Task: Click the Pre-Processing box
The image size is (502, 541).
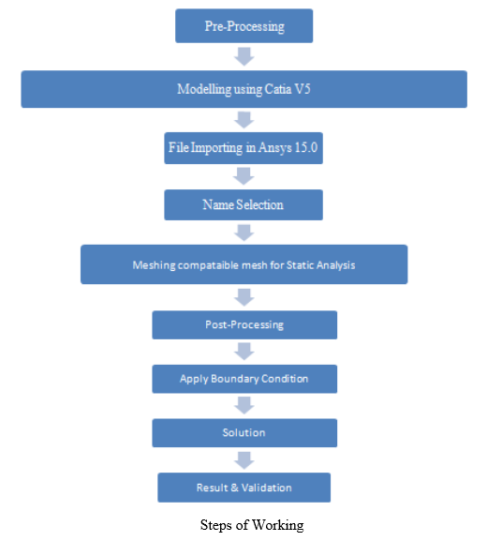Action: [244, 26]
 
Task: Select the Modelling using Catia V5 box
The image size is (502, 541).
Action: [244, 89]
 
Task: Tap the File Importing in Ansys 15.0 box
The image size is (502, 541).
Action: [244, 148]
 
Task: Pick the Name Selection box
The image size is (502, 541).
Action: [244, 204]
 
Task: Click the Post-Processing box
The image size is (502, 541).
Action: [244, 324]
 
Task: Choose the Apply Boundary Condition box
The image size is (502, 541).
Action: [244, 379]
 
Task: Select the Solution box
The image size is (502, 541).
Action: [244, 432]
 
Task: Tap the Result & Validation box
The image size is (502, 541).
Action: [244, 488]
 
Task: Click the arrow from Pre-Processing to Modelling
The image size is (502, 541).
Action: [244, 56]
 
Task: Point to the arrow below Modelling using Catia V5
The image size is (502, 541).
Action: [244, 120]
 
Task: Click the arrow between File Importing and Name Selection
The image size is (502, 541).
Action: [244, 176]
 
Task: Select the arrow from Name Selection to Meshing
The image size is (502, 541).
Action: [244, 233]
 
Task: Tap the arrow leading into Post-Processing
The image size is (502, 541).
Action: [244, 297]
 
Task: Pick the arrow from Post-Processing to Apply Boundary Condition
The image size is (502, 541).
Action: [244, 352]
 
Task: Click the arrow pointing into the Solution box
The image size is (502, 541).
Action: [244, 405]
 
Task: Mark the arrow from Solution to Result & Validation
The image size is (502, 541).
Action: [244, 460]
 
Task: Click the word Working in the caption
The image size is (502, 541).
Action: [278, 525]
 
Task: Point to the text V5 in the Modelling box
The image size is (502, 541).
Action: [303, 89]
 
